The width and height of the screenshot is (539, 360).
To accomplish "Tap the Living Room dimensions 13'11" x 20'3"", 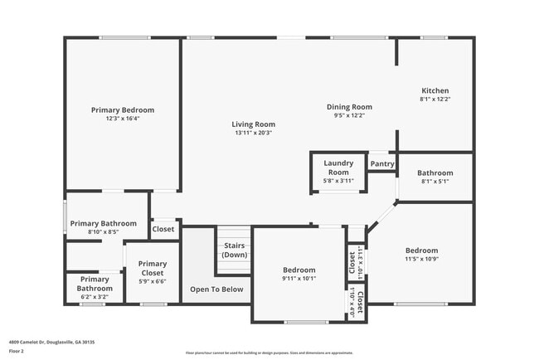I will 253,133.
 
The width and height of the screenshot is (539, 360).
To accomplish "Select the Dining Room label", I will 348,106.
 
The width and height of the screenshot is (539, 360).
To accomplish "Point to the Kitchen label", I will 435,90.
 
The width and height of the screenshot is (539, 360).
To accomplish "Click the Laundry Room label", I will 338,168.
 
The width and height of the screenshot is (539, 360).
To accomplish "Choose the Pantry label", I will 382,164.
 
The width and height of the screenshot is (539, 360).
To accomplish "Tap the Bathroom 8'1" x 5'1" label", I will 435,173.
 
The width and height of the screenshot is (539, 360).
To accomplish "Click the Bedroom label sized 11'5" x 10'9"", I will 421,251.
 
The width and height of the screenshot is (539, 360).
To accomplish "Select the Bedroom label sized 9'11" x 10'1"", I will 299,270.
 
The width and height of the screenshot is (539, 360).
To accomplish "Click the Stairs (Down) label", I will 234,251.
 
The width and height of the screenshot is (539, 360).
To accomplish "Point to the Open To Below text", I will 216,289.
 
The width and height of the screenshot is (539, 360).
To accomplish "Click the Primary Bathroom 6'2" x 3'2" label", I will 90,284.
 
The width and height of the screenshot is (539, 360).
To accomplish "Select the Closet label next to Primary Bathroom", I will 163,229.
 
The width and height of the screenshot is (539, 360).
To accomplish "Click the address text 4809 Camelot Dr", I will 51,341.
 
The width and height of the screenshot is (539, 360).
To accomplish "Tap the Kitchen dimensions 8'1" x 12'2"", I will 435,100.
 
